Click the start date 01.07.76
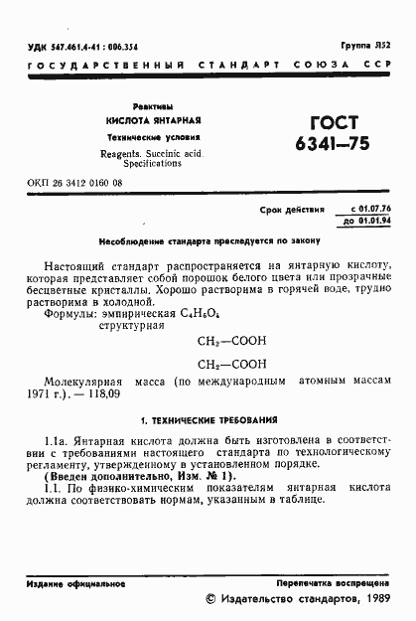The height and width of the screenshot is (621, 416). point(371,210)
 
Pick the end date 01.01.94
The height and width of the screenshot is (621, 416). point(371,221)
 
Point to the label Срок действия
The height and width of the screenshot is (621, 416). point(292,211)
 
